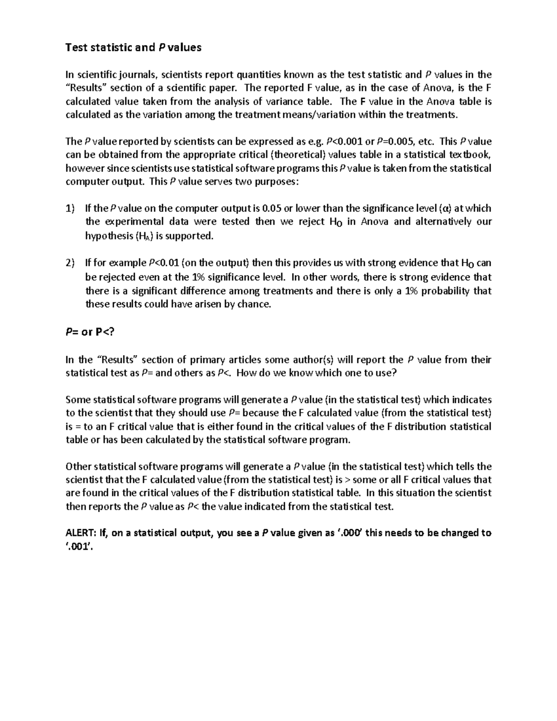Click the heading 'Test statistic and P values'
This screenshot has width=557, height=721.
point(133,47)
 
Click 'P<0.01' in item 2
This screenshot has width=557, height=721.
point(163,263)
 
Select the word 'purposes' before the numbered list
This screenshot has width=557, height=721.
point(277,182)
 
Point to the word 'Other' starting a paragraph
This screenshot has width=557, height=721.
point(78,467)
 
